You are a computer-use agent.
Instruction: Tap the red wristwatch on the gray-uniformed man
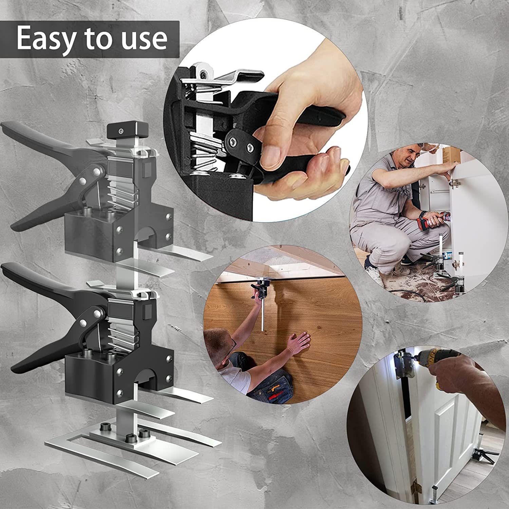point(424,214)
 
